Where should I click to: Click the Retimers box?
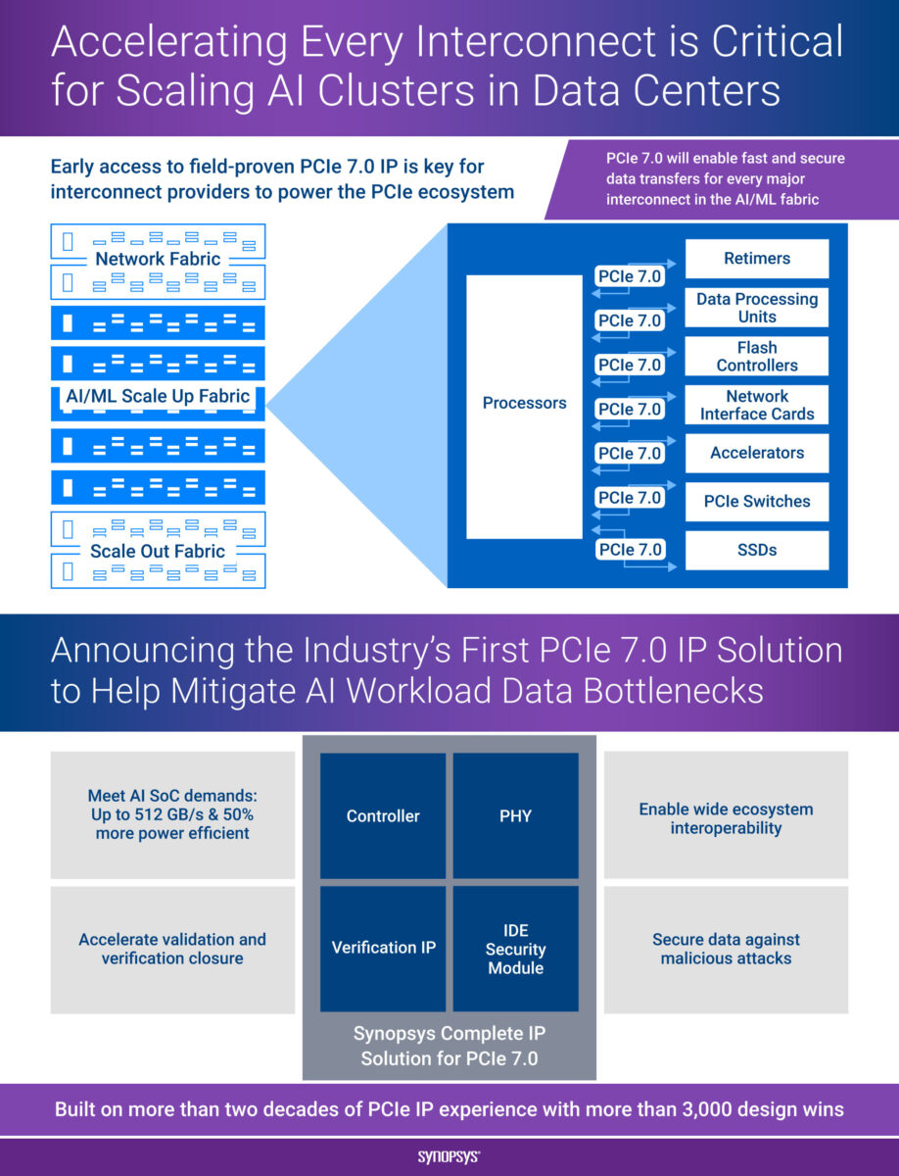(757, 259)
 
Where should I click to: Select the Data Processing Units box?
(757, 308)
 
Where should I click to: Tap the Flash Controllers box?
(757, 357)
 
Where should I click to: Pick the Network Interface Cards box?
(757, 405)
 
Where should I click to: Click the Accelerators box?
(757, 453)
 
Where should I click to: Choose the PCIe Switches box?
(757, 501)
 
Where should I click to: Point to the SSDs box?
(757, 550)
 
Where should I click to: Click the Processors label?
(524, 403)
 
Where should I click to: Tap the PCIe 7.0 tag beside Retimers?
(630, 276)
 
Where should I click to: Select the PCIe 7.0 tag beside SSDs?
(630, 549)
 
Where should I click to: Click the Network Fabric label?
(158, 260)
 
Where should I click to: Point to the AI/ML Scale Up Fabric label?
(159, 397)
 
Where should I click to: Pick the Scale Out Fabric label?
(158, 551)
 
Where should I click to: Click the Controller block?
(383, 815)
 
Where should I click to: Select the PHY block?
(515, 815)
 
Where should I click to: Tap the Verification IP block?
(383, 948)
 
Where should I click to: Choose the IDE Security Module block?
(515, 949)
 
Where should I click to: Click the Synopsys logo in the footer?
(449, 1157)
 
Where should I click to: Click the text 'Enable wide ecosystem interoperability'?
(726, 818)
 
